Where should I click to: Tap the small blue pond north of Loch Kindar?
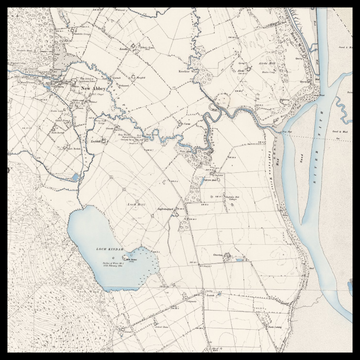tap(75, 179)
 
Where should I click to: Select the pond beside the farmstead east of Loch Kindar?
tap(226, 256)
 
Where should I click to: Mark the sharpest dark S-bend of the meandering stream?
tap(212, 119)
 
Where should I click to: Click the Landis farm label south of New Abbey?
tap(98, 141)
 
